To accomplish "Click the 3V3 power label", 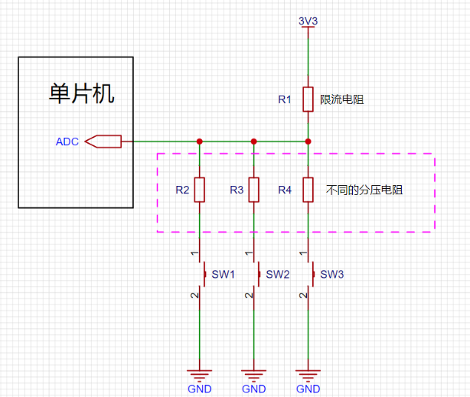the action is coord(308,21).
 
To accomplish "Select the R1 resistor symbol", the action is coord(308,99).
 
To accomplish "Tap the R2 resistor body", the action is coord(200,190).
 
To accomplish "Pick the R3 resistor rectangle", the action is coord(254,190).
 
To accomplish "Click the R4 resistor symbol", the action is coord(308,190).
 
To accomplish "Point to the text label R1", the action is coord(285,99).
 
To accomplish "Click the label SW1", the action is coord(223,274).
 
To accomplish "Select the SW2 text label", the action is coord(278,274).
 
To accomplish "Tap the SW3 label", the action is coord(331,274).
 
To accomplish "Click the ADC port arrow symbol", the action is coord(103,142).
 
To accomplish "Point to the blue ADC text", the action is coord(67,142).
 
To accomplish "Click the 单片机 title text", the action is coord(82,93).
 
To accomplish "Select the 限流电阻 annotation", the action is coord(341,99).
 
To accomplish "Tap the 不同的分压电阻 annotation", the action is coord(364,190).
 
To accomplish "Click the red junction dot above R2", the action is coord(200,142).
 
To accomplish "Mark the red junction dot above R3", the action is coord(254,142).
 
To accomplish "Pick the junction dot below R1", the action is coord(308,142).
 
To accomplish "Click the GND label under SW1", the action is coord(200,389).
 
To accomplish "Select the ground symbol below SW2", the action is coord(254,376).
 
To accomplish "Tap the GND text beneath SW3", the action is coord(308,389).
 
